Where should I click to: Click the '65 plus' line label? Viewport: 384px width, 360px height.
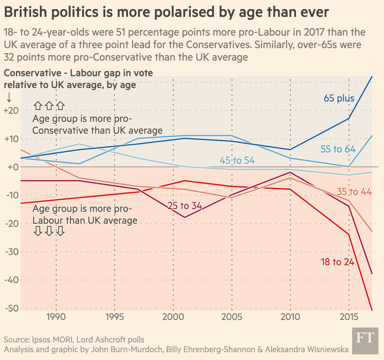pyautogui.click(x=339, y=98)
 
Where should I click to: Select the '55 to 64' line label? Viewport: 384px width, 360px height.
pyautogui.click(x=338, y=149)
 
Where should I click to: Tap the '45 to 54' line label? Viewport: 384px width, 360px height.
pyautogui.click(x=237, y=160)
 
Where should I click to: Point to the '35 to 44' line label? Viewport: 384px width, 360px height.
pyautogui.click(x=354, y=192)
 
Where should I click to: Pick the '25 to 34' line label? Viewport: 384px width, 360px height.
pyautogui.click(x=185, y=206)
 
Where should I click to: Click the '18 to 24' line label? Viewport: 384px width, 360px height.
pyautogui.click(x=338, y=262)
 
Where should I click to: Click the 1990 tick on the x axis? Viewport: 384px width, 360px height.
pyautogui.click(x=56, y=317)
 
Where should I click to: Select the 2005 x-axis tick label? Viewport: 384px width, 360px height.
pyautogui.click(x=232, y=317)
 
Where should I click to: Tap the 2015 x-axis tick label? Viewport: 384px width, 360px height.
pyautogui.click(x=349, y=317)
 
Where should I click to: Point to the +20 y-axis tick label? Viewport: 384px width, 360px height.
pyautogui.click(x=12, y=110)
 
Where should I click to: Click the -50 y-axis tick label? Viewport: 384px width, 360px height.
pyautogui.click(x=12, y=308)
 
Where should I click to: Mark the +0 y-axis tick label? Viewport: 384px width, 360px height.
pyautogui.click(x=12, y=167)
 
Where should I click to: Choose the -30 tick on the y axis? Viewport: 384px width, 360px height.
pyautogui.click(x=12, y=252)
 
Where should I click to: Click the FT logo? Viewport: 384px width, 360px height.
pyautogui.click(x=365, y=340)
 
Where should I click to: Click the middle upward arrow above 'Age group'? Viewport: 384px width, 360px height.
pyautogui.click(x=49, y=105)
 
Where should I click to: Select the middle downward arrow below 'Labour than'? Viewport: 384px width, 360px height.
pyautogui.click(x=49, y=231)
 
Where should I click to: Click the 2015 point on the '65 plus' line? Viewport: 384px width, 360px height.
pyautogui.click(x=349, y=119)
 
